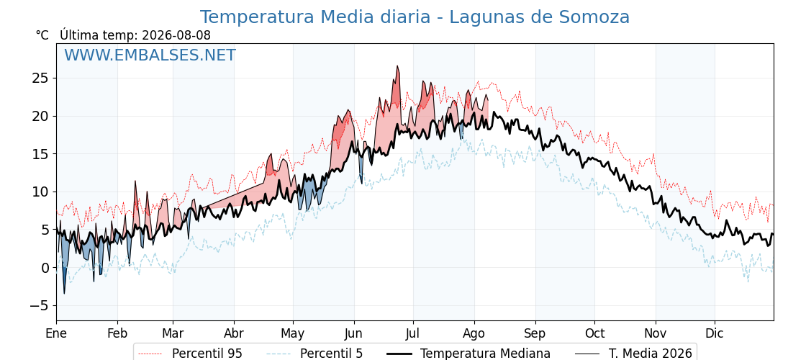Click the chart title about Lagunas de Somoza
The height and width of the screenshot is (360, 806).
pos(415,17)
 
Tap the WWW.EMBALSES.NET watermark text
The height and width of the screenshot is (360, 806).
pos(150,55)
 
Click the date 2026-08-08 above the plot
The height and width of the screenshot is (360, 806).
pos(176,35)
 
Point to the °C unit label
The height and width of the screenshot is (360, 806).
pos(42,35)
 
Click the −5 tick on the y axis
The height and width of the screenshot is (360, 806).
pos(39,306)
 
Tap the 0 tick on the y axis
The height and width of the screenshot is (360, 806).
pos(46,268)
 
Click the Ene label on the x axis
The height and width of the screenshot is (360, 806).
pos(56,333)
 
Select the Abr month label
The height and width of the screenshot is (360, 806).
pos(234,333)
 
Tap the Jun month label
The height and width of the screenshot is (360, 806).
pos(353,333)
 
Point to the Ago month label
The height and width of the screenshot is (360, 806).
pos(474,334)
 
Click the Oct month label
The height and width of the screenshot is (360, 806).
pos(594,333)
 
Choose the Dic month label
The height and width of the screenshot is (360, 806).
pos(715,333)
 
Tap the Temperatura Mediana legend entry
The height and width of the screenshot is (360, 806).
pos(467,354)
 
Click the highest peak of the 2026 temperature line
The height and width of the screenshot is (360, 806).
pos(397,66)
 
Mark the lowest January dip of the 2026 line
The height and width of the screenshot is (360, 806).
pos(64,294)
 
